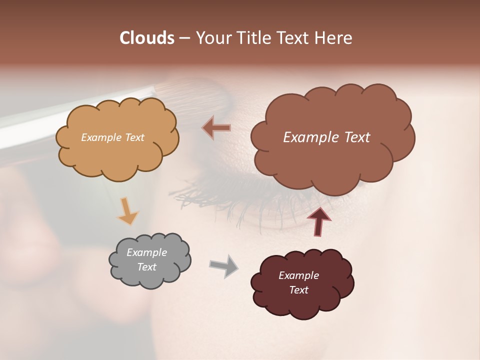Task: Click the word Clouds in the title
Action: point(147,38)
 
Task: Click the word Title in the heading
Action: point(254,38)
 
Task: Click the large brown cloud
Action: point(332,160)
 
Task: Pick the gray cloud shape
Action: point(150,277)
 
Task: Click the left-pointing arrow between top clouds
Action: point(216,128)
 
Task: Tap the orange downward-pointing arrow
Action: point(127,211)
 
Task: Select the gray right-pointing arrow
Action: point(224,265)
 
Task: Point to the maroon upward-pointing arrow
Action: point(318,221)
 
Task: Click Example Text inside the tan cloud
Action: point(112,137)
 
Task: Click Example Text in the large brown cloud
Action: point(326,137)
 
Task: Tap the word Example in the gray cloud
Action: point(146,252)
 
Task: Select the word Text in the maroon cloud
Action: point(298,290)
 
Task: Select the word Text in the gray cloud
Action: point(146,267)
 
